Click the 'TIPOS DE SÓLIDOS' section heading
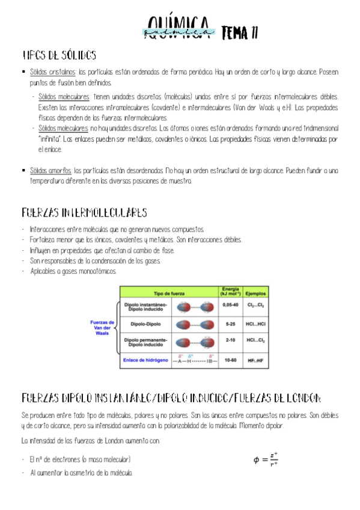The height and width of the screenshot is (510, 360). (x=59, y=56)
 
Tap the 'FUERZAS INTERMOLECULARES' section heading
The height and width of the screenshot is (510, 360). (x=85, y=212)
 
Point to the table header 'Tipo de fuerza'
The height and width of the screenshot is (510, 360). (x=168, y=293)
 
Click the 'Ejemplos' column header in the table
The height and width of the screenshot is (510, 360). (x=255, y=293)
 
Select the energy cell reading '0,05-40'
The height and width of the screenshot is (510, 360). (x=230, y=306)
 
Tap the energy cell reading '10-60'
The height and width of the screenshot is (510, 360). (x=230, y=360)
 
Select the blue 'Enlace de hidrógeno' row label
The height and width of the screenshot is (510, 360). (x=146, y=360)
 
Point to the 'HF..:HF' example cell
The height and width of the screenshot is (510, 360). (x=255, y=361)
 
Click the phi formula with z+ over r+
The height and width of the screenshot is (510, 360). (x=265, y=459)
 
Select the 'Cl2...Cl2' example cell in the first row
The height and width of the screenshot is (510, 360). (x=255, y=306)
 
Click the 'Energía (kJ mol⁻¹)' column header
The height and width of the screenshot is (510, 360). (x=230, y=291)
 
